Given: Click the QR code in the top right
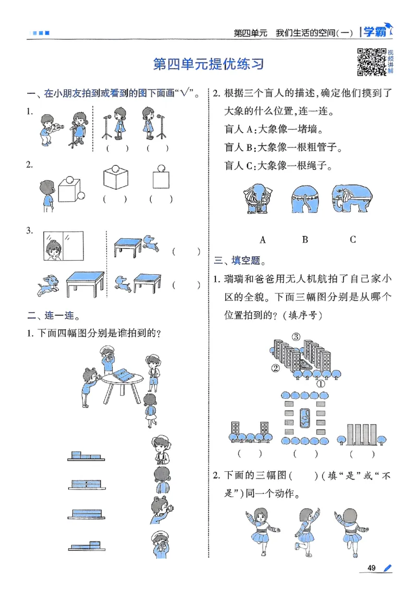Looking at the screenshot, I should pos(371,61).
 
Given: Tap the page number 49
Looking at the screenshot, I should pos(372,568).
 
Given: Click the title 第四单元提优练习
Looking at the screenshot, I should pos(208,64).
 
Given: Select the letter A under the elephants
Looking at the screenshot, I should pos(263,240).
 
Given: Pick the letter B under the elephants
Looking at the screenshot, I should pos(305,240).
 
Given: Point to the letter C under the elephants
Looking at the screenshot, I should pos(353,240).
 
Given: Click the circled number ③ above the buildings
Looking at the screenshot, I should pos(296,336).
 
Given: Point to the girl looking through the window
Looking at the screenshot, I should pos(54,248).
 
